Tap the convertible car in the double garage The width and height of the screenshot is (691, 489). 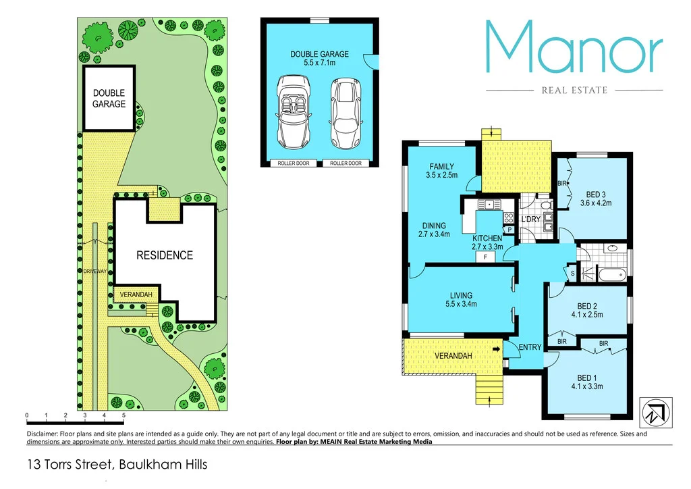click(292, 112)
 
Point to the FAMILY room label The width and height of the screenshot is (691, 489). click(442, 167)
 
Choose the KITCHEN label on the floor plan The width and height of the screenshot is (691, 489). click(487, 238)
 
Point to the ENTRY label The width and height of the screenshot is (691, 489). click(530, 347)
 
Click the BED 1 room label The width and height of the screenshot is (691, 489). click(586, 378)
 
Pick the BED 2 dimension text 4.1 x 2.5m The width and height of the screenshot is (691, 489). click(586, 314)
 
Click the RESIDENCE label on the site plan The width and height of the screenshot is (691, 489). click(165, 255)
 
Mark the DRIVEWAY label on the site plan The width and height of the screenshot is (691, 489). click(95, 271)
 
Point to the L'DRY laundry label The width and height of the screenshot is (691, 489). click(531, 220)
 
